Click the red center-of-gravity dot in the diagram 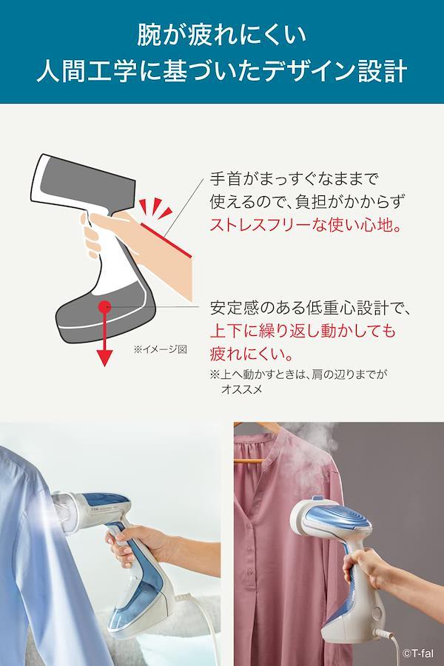point(104,306)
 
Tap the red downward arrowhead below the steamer point(104,358)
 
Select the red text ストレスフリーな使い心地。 point(306,224)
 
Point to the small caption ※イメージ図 point(160,349)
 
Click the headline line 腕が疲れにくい point(222,35)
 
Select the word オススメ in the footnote point(241,388)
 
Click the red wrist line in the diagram point(166,240)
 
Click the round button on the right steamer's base point(376,613)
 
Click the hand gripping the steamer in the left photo point(137,545)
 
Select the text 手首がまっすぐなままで point(294,178)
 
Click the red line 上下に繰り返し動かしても point(303,330)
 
